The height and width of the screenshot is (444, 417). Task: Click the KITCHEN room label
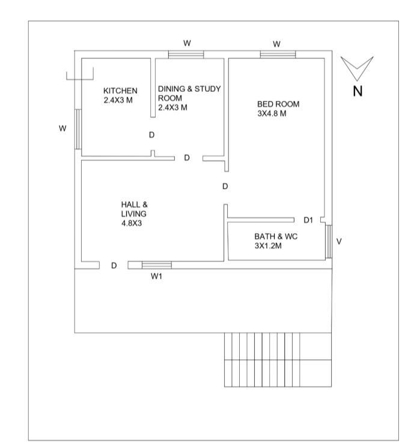click(x=120, y=91)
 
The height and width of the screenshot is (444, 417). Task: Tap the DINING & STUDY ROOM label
click(x=189, y=94)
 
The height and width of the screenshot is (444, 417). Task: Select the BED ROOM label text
click(x=278, y=104)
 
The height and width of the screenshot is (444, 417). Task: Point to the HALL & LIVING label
click(x=134, y=208)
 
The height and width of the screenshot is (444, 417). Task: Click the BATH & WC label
click(x=276, y=237)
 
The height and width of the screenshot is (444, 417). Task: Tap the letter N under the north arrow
click(x=358, y=92)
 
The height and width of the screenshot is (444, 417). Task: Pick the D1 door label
click(x=308, y=220)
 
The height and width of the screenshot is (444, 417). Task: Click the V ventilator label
click(x=339, y=242)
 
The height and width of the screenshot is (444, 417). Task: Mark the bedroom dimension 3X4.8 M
click(x=272, y=113)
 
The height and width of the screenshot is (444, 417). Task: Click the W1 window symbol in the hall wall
click(x=156, y=265)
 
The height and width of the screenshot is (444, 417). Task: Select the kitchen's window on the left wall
click(x=78, y=129)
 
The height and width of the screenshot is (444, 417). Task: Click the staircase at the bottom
click(x=278, y=359)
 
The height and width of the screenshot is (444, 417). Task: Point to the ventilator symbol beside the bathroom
click(x=329, y=242)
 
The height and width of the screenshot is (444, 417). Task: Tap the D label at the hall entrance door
click(x=114, y=266)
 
